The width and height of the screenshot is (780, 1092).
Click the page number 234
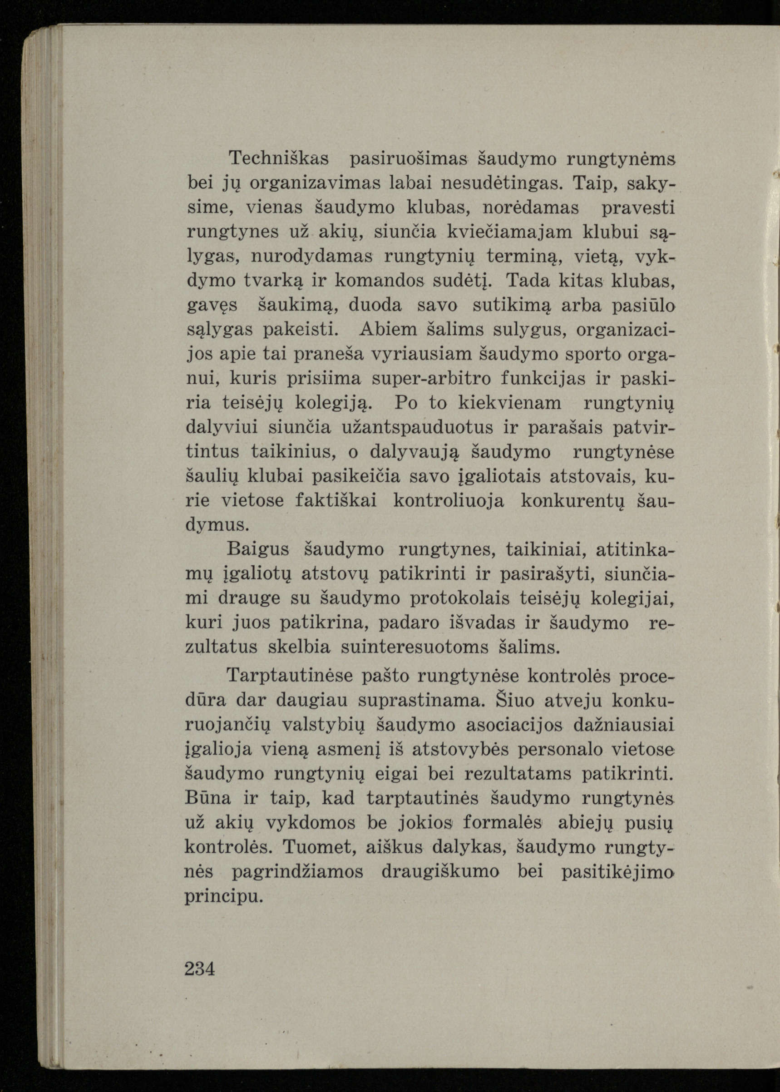(200, 969)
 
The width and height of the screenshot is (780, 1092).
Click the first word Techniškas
(279, 158)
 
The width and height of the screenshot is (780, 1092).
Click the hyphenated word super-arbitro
(432, 378)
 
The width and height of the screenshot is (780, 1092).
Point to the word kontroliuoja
(449, 501)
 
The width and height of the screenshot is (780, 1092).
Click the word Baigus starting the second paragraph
(258, 549)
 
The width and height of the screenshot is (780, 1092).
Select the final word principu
(224, 896)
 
